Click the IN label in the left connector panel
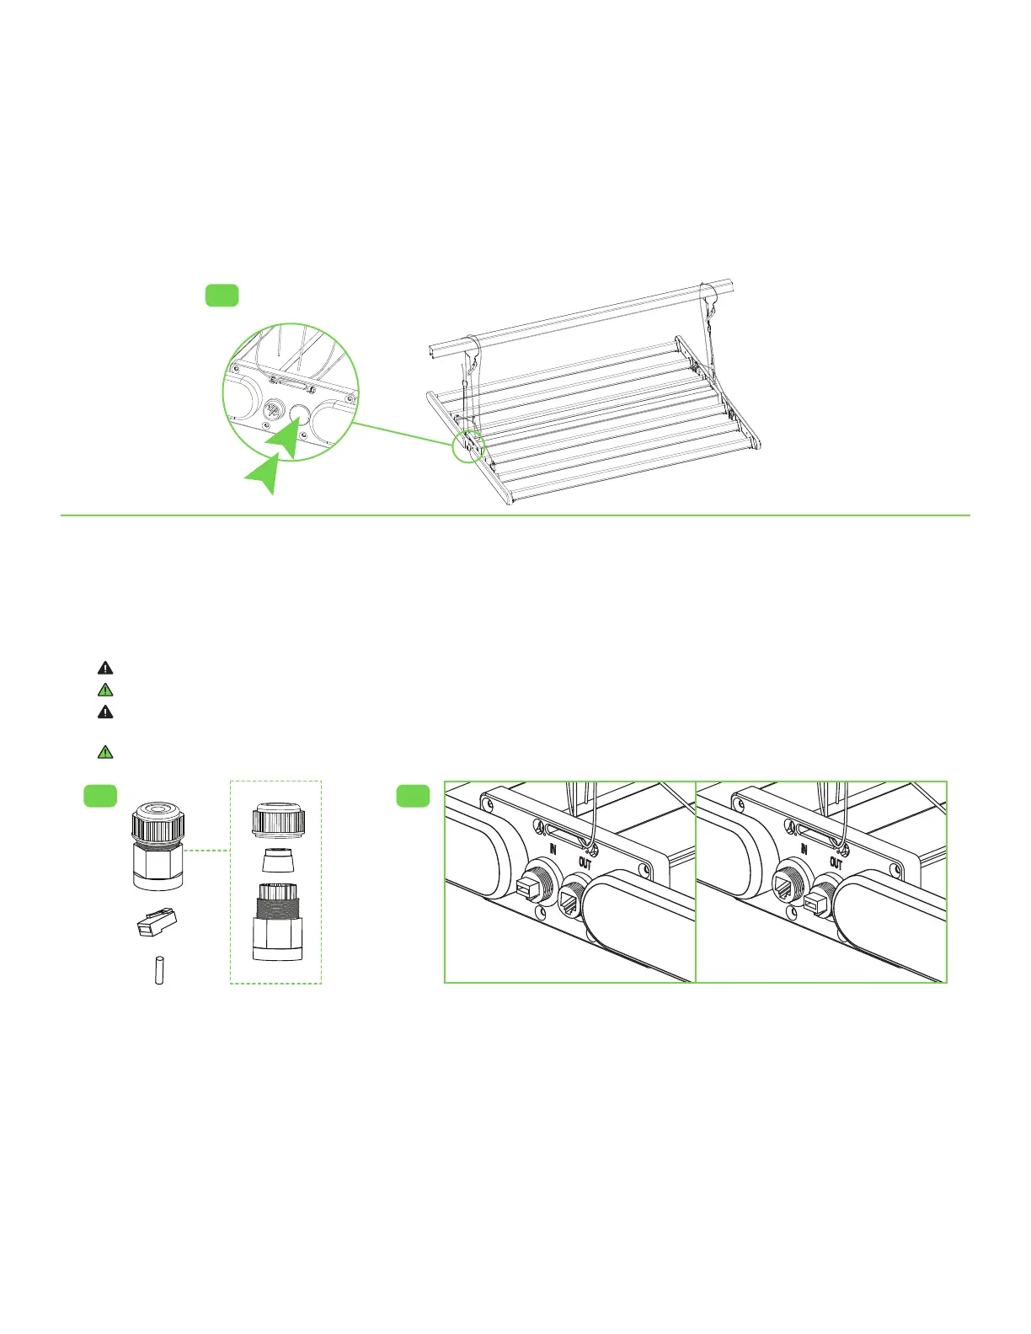pos(553,848)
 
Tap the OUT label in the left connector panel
pos(585,863)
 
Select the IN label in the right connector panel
pos(804,848)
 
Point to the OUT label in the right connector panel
pos(836,863)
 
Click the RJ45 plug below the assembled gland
pos(157,923)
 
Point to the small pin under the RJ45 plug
pos(158,969)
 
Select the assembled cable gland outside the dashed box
pos(158,846)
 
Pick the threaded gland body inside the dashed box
pos(278,921)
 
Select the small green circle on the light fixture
pos(468,446)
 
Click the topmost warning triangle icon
pos(105,668)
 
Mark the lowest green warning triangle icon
pos(105,752)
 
